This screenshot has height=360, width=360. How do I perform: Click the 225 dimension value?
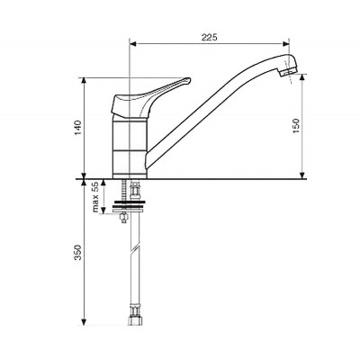[209, 37]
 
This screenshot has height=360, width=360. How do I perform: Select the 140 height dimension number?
[78, 128]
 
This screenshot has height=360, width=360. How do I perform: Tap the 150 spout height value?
[296, 126]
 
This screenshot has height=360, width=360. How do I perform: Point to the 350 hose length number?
[78, 253]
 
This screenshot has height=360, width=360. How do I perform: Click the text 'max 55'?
[95, 197]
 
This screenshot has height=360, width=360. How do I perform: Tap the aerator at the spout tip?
[287, 72]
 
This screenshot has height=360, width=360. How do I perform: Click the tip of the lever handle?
[188, 79]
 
